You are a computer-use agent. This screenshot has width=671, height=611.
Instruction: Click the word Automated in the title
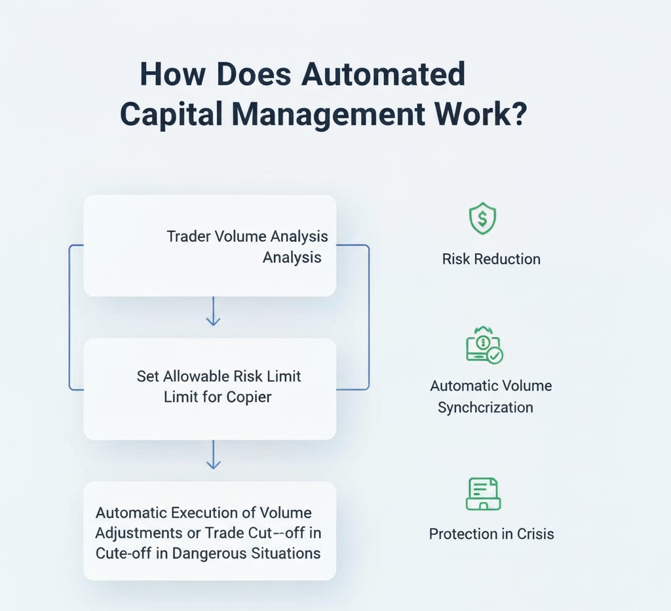[383, 75]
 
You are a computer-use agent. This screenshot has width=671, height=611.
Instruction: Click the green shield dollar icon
[482, 219]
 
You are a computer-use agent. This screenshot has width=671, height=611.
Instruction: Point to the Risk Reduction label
[491, 259]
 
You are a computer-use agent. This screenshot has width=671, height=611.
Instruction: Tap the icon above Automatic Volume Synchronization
[484, 345]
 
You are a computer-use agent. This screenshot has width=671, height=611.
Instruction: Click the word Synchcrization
[485, 407]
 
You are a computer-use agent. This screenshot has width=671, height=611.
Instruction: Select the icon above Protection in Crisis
[483, 494]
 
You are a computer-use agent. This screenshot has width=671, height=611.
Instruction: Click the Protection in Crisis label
[491, 534]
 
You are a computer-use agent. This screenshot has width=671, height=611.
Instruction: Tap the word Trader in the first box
[188, 236]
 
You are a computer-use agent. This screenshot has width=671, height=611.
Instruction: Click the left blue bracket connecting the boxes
[69, 318]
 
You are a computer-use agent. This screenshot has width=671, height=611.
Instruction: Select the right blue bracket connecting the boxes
[368, 318]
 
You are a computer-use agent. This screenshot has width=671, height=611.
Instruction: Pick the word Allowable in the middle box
[196, 376]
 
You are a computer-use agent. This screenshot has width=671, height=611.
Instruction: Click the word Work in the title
[467, 115]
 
